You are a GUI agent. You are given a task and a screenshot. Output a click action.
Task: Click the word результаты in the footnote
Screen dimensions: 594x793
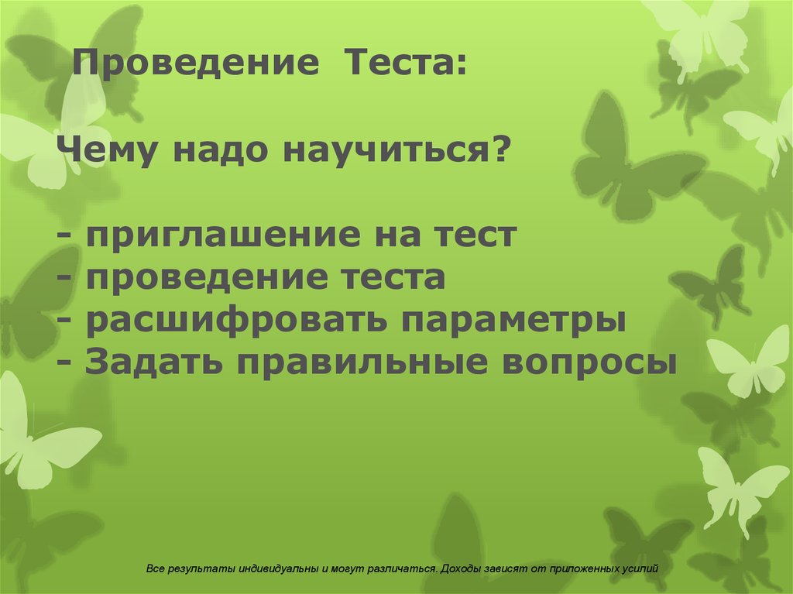pyautogui.click(x=193, y=568)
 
